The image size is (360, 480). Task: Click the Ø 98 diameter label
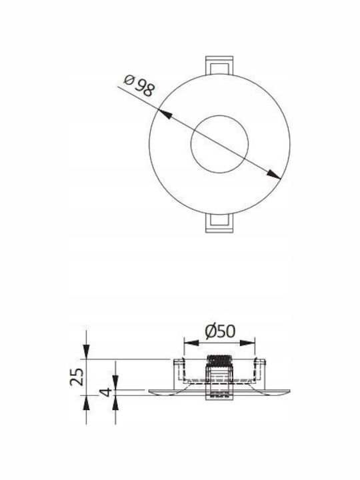coord(139,85)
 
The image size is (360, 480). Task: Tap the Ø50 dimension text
coord(220,331)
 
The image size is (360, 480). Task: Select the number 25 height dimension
coord(77,377)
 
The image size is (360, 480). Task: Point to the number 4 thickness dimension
coord(106,392)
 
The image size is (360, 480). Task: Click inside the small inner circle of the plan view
coord(219,144)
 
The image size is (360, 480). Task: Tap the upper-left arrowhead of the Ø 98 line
coord(165,114)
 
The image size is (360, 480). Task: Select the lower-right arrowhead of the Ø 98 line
coord(273,174)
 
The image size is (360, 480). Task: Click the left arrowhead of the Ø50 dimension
coord(191,343)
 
